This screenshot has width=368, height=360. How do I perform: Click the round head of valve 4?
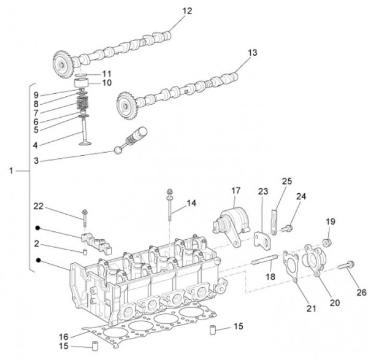tap(85, 143)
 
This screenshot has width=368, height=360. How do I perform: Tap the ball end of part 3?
tap(118, 149)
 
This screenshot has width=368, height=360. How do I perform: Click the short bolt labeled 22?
tap(85, 215)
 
